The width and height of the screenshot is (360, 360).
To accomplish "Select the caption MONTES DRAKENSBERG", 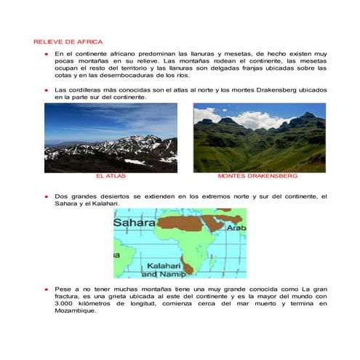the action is pos(257,177).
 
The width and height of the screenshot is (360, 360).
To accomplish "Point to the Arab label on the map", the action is pos(236,228).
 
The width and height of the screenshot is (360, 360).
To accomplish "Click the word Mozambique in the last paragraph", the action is pos(75,311).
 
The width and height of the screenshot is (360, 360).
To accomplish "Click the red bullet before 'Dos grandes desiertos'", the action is pos(45,197).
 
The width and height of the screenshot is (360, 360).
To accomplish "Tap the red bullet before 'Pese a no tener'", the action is pos(45,289).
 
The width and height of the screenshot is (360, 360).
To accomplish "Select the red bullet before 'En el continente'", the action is pos(45,55).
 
